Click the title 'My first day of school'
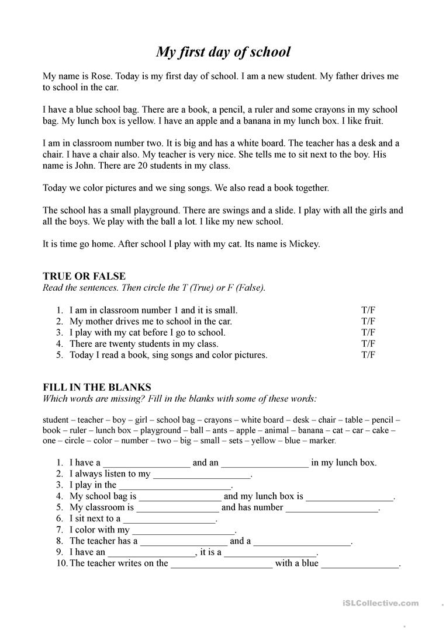pyautogui.click(x=223, y=51)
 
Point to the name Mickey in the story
pyautogui.click(x=304, y=244)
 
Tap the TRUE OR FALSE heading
pyautogui.click(x=84, y=276)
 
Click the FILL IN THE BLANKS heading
pyautogui.click(x=97, y=387)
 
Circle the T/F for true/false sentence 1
pyautogui.click(x=368, y=311)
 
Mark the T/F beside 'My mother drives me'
pyautogui.click(x=368, y=322)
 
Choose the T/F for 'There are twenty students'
pyautogui.click(x=368, y=344)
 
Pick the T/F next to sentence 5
pyautogui.click(x=368, y=355)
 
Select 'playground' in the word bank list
pyautogui.click(x=161, y=430)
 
